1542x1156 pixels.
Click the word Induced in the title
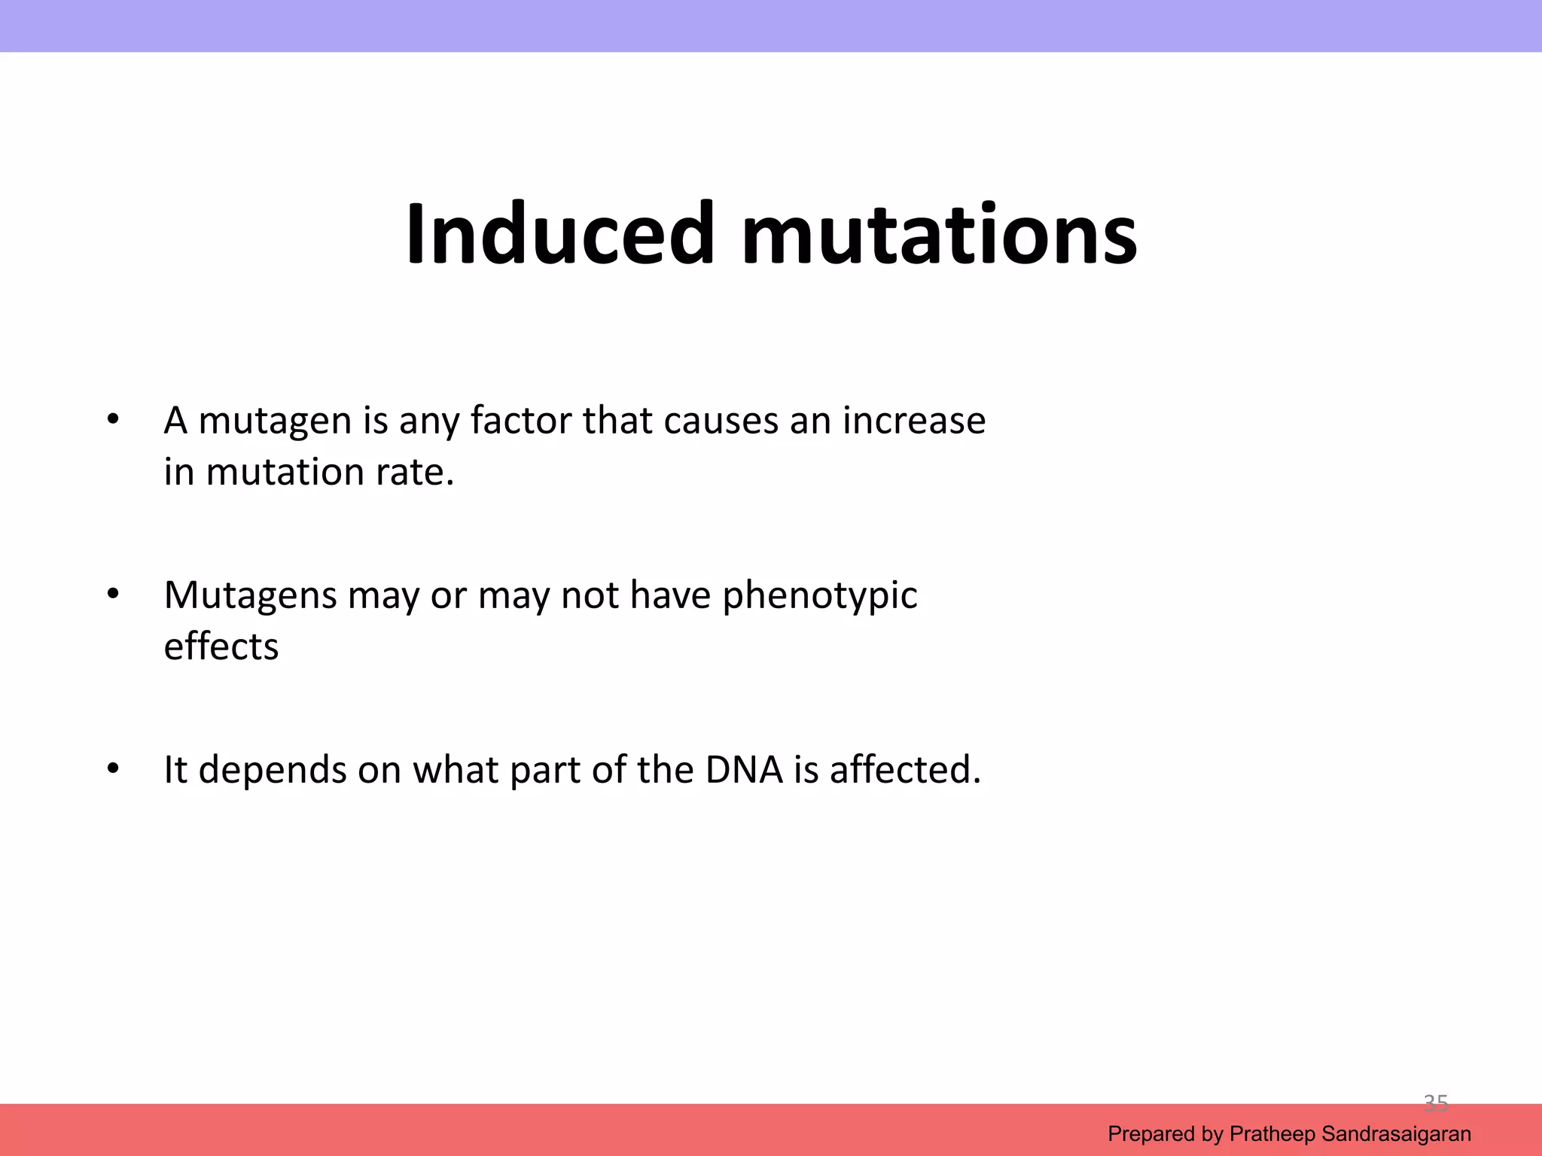click(559, 234)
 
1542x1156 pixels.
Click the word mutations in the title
click(939, 234)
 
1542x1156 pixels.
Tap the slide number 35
click(1435, 1103)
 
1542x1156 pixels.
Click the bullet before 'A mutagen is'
click(113, 419)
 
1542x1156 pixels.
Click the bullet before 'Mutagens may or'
click(113, 595)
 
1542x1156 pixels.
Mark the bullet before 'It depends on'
click(113, 769)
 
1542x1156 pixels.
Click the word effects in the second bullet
click(221, 646)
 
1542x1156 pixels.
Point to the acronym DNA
click(744, 770)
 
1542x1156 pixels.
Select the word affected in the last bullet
click(905, 770)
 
